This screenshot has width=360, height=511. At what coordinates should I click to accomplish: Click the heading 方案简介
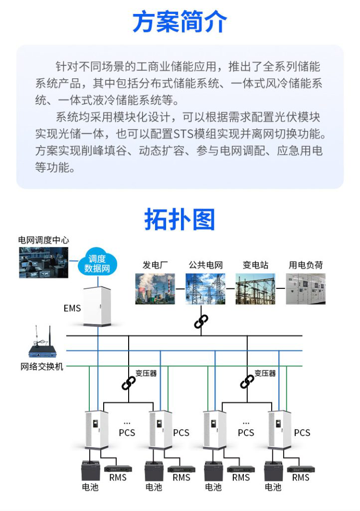pos(180,22)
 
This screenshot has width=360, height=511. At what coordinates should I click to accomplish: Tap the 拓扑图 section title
pos(180,219)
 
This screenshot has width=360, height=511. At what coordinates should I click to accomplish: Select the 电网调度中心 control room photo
pos(43,262)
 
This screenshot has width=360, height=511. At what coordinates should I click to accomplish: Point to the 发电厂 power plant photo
pos(155,289)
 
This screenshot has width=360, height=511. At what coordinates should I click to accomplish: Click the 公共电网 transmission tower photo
pos(205,289)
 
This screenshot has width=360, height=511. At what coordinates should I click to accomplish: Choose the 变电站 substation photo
pos(255,289)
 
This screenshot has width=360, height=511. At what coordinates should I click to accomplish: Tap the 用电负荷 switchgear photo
pos(306,289)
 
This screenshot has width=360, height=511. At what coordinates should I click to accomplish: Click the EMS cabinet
pos(97,306)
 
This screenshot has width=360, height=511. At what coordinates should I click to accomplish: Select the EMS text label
pos(72,308)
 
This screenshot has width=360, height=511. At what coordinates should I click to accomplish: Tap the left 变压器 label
pos(146,373)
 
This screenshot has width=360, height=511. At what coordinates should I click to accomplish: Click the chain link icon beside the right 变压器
pos(247,382)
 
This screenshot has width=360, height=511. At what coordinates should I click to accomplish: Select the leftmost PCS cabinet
pos(97,429)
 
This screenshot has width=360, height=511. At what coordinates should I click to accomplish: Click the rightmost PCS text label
pos(302,432)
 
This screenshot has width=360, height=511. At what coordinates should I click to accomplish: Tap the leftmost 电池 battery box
pos(90,470)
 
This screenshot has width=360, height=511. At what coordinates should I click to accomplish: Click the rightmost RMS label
pos(300,478)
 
